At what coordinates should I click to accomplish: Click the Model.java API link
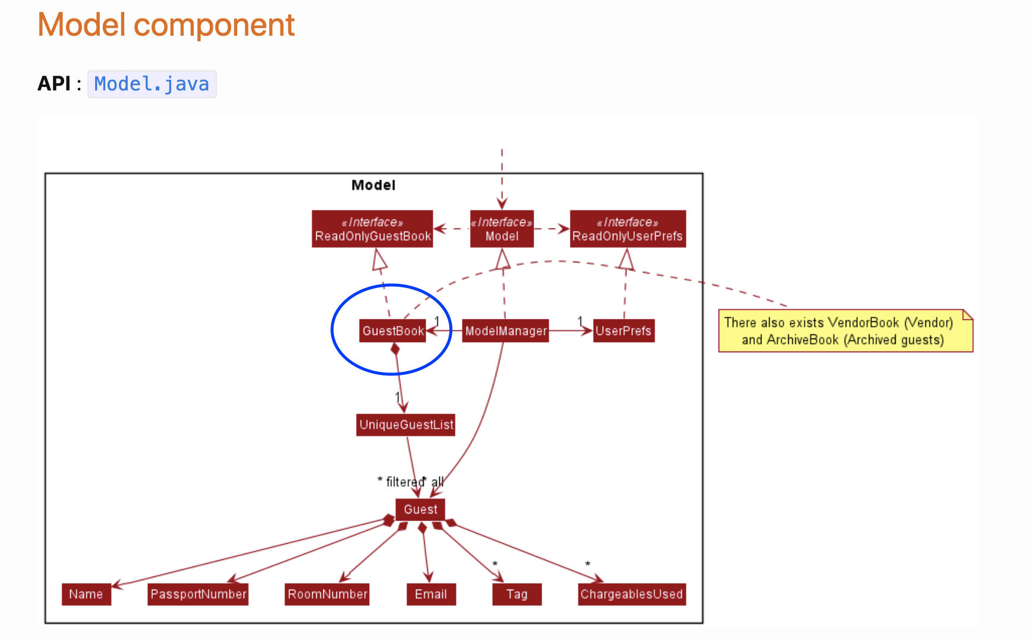[x=152, y=84]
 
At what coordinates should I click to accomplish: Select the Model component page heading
[x=166, y=25]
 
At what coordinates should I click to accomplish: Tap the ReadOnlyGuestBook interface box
[x=373, y=229]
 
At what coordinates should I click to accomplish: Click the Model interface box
[x=502, y=229]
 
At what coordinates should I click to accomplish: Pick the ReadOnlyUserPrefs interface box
[x=627, y=229]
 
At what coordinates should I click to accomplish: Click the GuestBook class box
[x=393, y=331]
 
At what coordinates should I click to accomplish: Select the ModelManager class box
[x=505, y=331]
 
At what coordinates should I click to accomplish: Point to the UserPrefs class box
[x=623, y=331]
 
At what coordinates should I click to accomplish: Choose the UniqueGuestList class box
[x=406, y=425]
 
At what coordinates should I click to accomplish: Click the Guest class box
[x=420, y=509]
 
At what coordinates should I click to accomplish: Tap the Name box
[x=86, y=594]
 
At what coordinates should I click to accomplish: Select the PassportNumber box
[x=198, y=594]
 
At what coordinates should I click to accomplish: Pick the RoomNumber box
[x=327, y=594]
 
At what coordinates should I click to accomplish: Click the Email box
[x=431, y=594]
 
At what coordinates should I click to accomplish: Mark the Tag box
[x=516, y=594]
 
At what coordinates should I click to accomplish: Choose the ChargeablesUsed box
[x=632, y=594]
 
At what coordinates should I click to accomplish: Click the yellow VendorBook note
[x=845, y=331]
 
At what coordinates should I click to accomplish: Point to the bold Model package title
[x=373, y=185]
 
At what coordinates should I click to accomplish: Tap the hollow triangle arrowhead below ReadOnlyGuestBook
[x=379, y=259]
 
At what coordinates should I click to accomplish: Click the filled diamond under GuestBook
[x=395, y=349]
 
